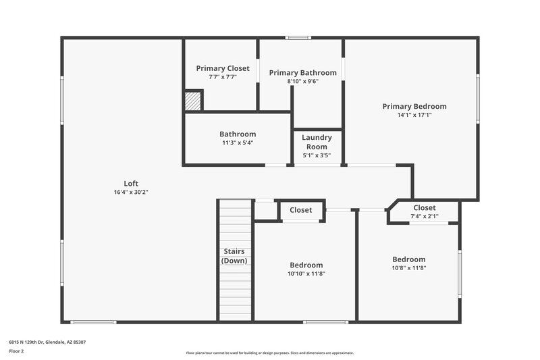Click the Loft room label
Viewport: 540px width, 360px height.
click(x=131, y=183)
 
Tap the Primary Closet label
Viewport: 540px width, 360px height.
click(x=223, y=68)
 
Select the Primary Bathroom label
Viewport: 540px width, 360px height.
click(x=302, y=72)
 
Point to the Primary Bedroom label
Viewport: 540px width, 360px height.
click(x=414, y=106)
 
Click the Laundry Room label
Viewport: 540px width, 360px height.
click(x=317, y=142)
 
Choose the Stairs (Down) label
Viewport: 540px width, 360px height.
click(x=235, y=256)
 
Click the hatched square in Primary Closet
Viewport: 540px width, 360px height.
click(x=193, y=101)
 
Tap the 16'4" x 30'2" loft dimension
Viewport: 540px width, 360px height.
click(x=131, y=192)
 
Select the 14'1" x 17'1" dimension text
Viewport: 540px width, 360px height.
click(x=414, y=115)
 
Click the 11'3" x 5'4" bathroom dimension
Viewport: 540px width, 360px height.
click(x=238, y=143)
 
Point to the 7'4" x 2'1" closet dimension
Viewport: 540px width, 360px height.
click(x=425, y=216)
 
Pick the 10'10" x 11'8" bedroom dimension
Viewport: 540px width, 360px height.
click(x=306, y=274)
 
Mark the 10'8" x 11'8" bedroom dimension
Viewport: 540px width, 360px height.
click(x=409, y=267)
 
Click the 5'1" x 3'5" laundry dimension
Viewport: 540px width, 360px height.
click(x=317, y=155)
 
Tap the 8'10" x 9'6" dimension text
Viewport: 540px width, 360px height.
click(x=302, y=81)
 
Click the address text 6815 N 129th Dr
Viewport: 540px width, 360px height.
click(x=47, y=342)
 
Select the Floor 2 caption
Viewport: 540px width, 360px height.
click(x=17, y=351)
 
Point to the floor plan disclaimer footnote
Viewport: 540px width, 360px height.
click(x=269, y=353)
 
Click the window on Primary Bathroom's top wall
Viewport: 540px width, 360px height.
click(x=298, y=38)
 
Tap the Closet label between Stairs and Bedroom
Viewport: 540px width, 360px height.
click(x=301, y=210)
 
